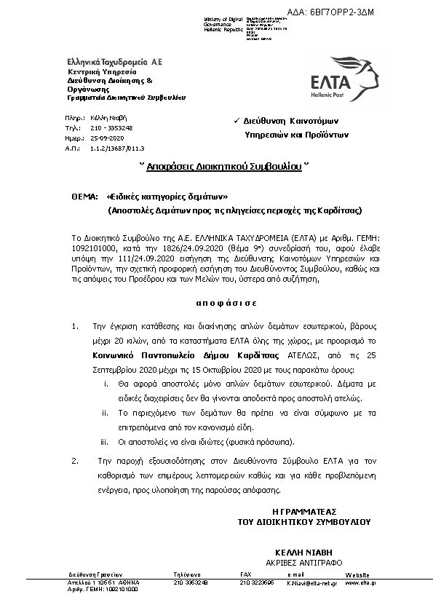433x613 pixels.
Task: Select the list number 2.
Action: point(74,460)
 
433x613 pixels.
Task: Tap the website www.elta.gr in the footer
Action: point(362,582)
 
